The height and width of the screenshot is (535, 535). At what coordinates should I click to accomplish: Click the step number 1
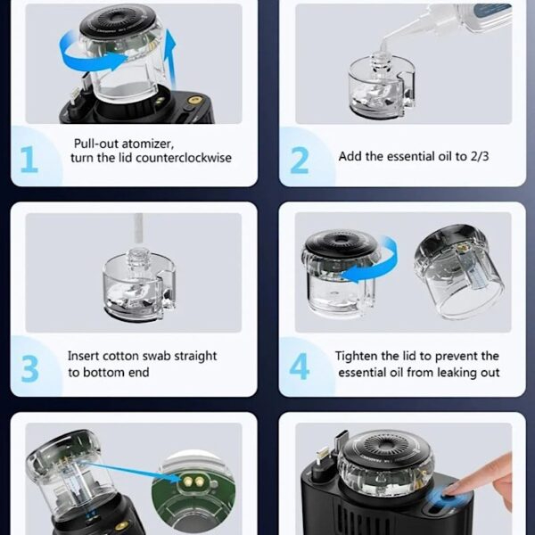(29, 160)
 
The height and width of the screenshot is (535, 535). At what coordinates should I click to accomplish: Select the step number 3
(29, 369)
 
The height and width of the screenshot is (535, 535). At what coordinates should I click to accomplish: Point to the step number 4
(300, 366)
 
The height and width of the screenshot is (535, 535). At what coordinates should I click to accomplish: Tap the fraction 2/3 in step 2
(480, 156)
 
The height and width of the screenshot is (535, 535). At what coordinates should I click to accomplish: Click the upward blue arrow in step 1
(170, 58)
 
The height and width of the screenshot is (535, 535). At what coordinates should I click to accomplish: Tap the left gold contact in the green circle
(187, 481)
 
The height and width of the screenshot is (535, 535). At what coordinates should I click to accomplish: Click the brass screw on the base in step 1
(194, 100)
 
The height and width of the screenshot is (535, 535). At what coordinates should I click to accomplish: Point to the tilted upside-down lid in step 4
(459, 271)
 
